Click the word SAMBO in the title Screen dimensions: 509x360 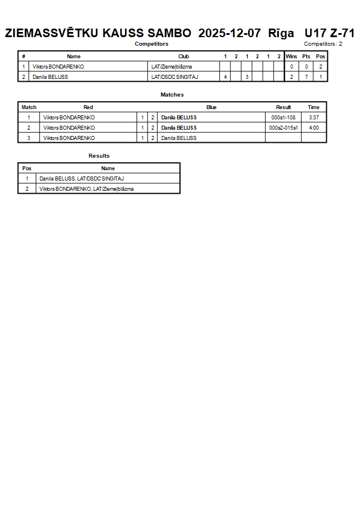169,33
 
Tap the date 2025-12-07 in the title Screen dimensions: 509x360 230,33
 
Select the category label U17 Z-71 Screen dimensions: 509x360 330,33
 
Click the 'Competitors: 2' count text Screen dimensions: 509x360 323,44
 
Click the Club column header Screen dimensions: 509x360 183,57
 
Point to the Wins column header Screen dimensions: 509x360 291,57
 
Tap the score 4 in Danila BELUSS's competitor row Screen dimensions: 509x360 225,77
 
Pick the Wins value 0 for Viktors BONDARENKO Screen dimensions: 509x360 291,67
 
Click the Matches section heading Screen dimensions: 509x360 172,95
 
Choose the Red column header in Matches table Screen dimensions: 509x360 88,107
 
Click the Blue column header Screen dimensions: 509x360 211,107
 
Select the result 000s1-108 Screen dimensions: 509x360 283,118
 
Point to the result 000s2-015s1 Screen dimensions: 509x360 283,128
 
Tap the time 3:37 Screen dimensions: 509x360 314,118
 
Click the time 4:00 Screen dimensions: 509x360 314,128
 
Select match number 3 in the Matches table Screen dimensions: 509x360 29,138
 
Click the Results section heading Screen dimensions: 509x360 99,156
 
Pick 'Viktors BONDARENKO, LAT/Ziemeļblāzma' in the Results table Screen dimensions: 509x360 86,189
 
